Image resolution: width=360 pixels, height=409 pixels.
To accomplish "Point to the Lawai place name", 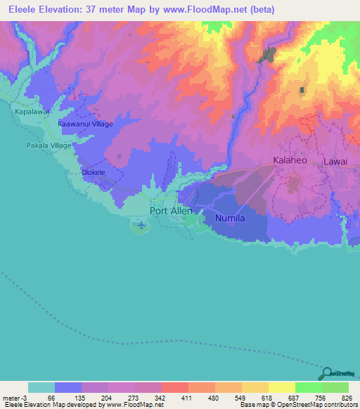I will point(335,162).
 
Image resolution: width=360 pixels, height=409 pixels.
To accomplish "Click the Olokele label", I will point(94,172).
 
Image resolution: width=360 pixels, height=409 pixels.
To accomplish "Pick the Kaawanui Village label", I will point(84,123).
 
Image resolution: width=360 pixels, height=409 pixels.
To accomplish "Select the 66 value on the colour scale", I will point(51,397).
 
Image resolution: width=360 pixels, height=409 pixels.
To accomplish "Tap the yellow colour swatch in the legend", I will point(282,387).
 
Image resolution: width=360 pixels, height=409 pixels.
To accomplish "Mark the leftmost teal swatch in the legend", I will point(41,387).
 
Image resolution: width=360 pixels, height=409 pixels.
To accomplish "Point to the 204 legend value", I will point(106,397).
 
